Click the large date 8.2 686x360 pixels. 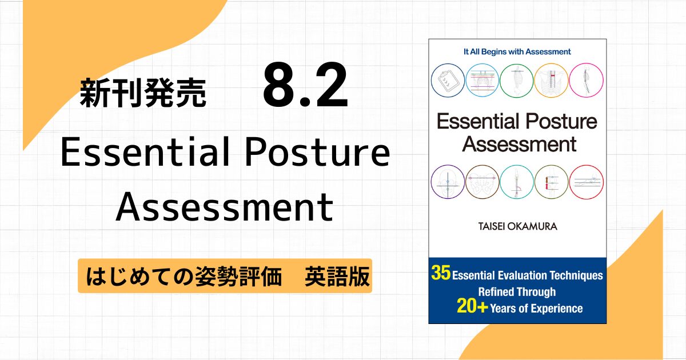(x=305, y=85)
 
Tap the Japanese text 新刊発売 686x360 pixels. (x=143, y=93)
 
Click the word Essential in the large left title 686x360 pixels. (x=145, y=152)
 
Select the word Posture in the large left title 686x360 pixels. (x=317, y=152)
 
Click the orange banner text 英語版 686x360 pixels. (x=337, y=277)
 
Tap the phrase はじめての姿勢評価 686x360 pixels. (x=184, y=277)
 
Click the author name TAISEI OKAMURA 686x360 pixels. (x=517, y=226)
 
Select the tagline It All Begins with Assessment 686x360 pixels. (x=517, y=52)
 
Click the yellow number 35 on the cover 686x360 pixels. (x=441, y=273)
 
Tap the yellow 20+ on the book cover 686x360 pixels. (x=472, y=306)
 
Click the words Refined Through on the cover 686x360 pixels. (x=517, y=292)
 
